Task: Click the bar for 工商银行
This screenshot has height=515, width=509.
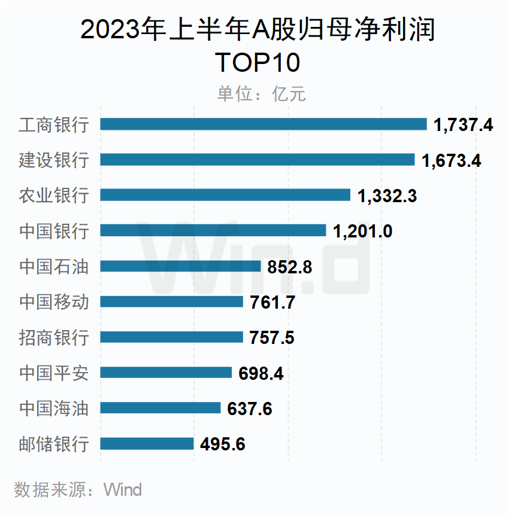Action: point(263,124)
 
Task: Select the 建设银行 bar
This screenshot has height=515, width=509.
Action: point(257,160)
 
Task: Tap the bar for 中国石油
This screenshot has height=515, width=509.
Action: point(180,266)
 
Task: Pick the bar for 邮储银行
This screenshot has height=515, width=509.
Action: point(147,444)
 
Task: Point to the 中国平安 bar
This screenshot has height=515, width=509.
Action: point(166,373)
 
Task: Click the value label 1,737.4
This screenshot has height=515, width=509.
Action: point(463,125)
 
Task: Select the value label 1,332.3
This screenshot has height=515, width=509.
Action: point(387,196)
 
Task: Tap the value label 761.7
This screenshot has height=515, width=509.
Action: point(272,302)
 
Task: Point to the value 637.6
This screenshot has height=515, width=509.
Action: point(250,409)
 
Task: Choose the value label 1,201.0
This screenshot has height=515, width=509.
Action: point(363,231)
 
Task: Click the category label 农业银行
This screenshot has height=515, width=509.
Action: point(54,196)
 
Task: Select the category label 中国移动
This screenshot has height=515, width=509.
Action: point(54,302)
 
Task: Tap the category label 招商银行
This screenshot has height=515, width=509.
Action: point(54,337)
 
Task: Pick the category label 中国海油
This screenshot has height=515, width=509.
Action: point(54,409)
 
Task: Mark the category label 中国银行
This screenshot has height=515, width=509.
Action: point(54,231)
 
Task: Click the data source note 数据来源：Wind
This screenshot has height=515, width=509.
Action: point(78,490)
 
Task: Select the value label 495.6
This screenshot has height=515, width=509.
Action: point(223,444)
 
